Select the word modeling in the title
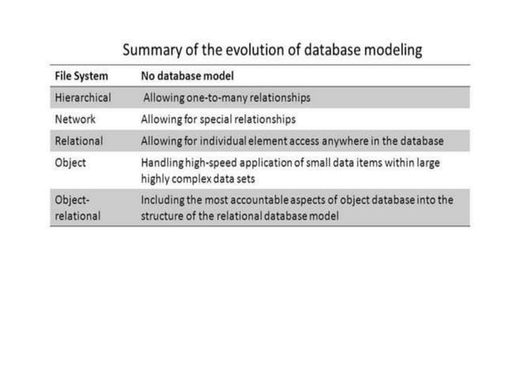391,50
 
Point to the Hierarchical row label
83,98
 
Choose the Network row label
75,119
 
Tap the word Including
164,199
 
